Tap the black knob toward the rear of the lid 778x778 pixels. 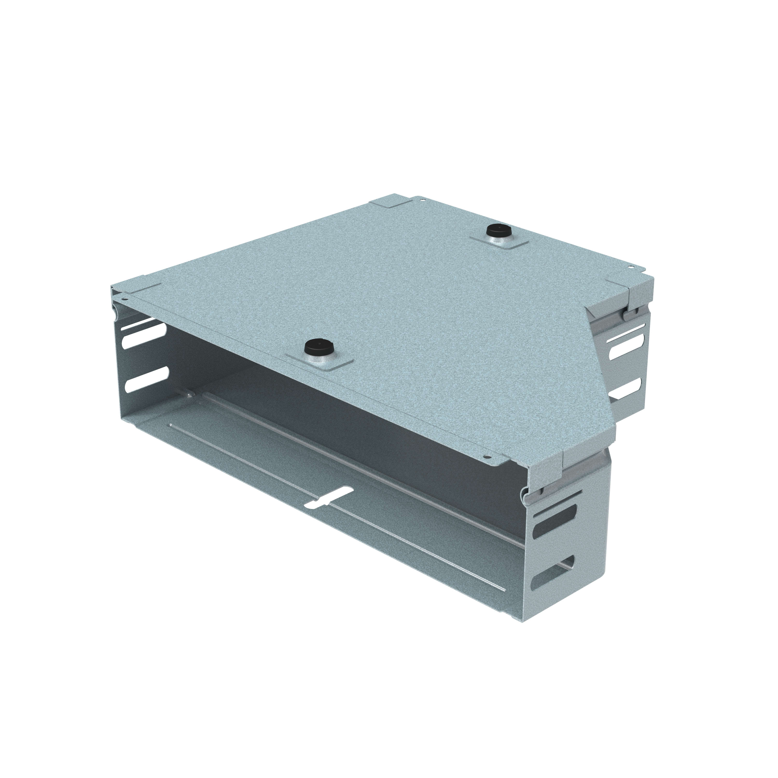tap(498, 232)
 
